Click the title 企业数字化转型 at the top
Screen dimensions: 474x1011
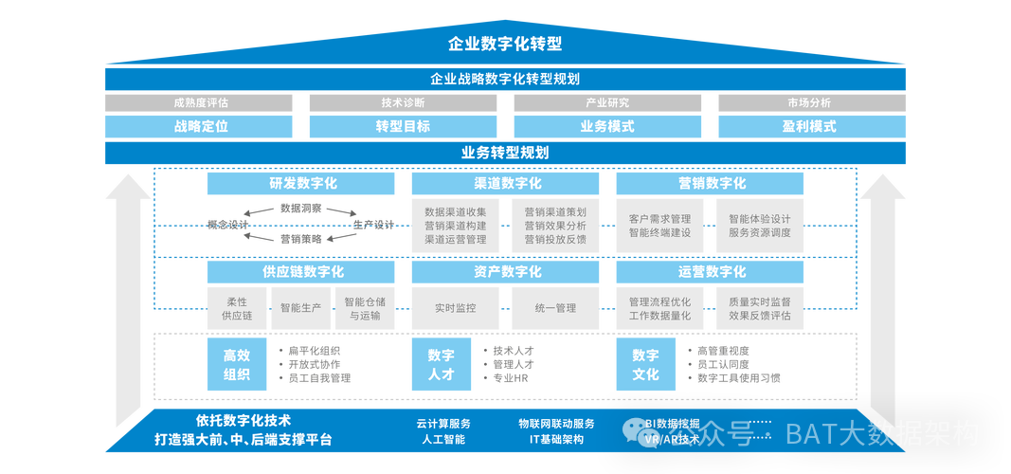point(505,44)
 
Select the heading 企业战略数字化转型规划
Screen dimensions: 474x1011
point(505,79)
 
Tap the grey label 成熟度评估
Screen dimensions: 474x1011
point(200,103)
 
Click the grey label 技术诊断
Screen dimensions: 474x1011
point(403,103)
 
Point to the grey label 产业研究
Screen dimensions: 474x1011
point(606,103)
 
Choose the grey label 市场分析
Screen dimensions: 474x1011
point(809,103)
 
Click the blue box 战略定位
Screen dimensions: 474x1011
point(200,126)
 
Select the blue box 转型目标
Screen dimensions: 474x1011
point(403,126)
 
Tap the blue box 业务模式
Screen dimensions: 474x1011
point(606,126)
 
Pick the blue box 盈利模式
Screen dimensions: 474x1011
point(809,126)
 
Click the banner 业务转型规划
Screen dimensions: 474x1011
point(505,153)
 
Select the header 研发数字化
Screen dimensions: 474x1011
point(301,183)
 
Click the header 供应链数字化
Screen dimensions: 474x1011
point(301,272)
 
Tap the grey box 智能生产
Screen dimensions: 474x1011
point(300,308)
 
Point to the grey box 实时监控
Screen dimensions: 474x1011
point(455,308)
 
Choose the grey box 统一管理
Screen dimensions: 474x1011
point(555,308)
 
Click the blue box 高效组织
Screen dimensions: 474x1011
point(236,365)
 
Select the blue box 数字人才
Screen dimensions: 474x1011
point(441,365)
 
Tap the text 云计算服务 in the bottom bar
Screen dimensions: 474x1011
point(442,424)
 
